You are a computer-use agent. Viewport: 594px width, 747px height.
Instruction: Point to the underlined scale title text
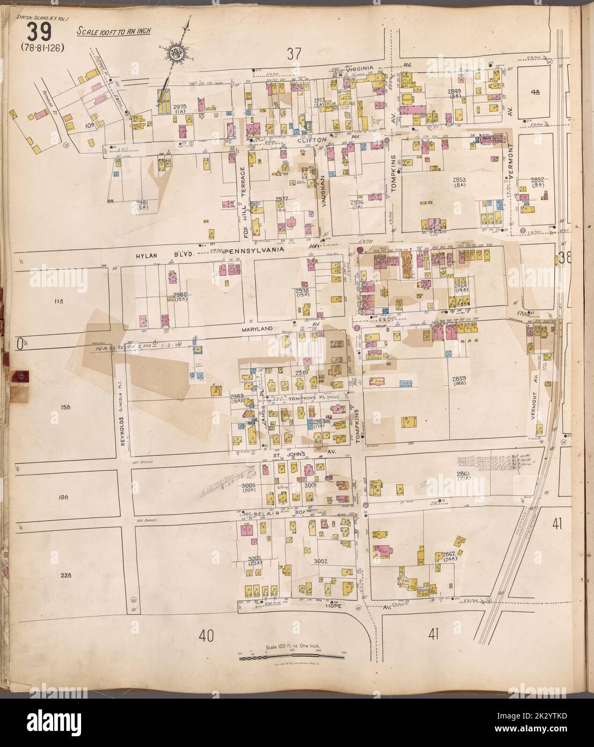pos(113,31)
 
